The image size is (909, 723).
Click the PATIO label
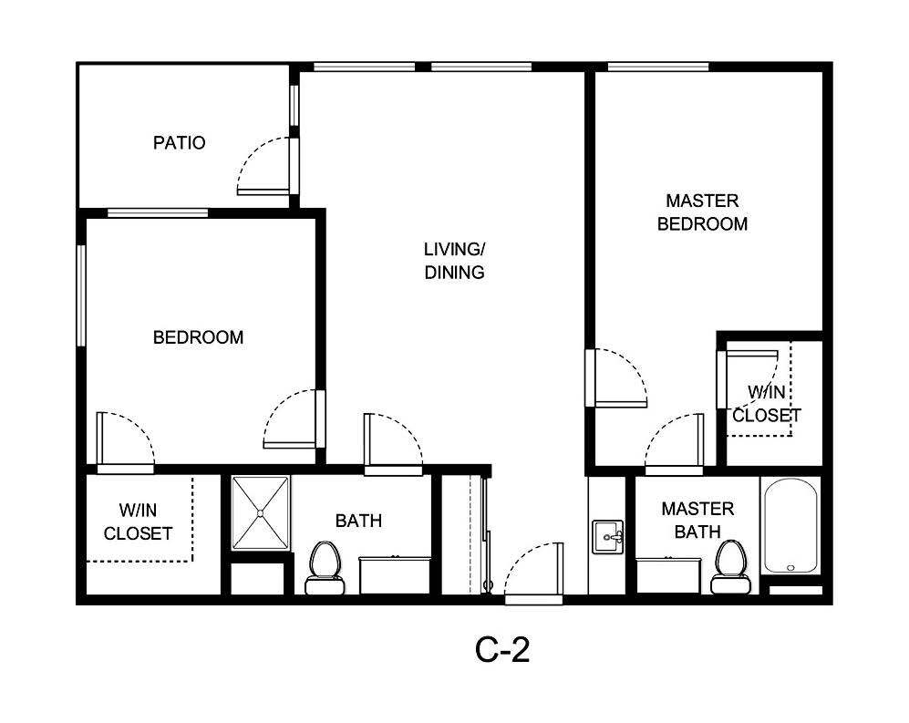[179, 143]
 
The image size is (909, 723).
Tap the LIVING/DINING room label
[454, 260]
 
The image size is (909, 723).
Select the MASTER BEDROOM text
[702, 212]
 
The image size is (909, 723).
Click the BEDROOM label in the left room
[198, 337]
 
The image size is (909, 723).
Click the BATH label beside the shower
[358, 522]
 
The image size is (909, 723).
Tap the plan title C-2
[502, 650]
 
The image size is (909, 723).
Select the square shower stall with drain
[260, 513]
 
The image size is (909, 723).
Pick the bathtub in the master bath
[791, 526]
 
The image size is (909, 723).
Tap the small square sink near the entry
[607, 536]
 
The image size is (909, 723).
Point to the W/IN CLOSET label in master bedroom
[766, 404]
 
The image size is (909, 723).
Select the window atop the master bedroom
[657, 67]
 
